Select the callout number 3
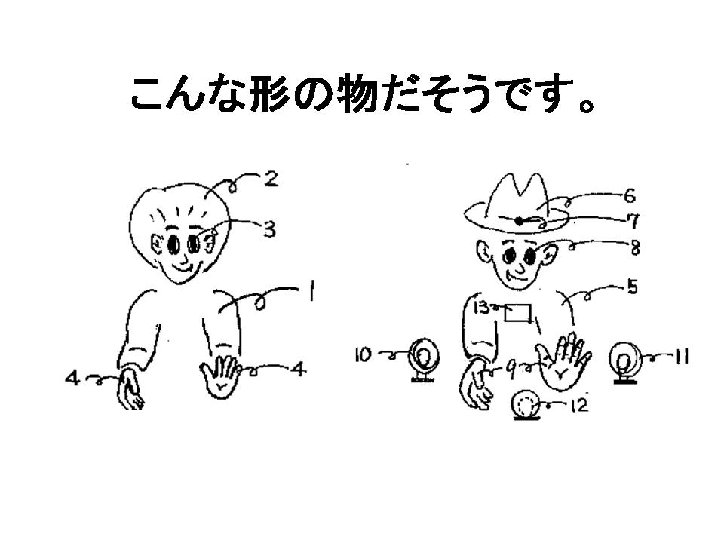pos(269,229)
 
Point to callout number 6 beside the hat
pos(629,196)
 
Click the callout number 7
pos(634,222)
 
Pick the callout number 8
pos(635,248)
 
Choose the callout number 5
pos(632,287)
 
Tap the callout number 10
pos(363,355)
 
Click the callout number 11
pos(682,357)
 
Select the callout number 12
pos(579,405)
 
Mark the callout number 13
pos(482,307)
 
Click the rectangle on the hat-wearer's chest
pos(517,312)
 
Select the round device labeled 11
pos(624,363)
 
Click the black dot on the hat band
pos(519,221)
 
